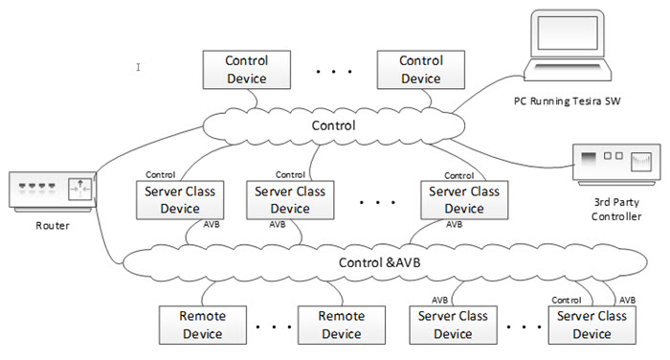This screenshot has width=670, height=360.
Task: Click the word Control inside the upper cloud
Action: pos(334,125)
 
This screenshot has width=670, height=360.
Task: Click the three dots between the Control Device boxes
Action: pos(333,72)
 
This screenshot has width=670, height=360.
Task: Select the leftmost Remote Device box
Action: pos(202,325)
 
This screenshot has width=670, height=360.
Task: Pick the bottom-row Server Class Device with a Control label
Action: pos(592,325)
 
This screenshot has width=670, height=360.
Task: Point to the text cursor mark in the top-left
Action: pos(139,67)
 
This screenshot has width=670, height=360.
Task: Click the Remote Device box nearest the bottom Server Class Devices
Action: pos(341,325)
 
